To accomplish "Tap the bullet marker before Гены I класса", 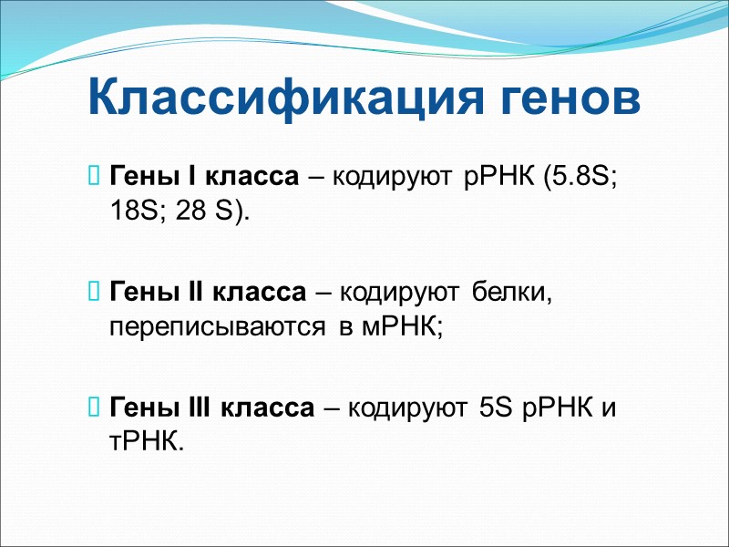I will pos(95,175).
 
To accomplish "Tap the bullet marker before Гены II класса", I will pos(95,293).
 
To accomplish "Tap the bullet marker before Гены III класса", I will pos(95,409).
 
